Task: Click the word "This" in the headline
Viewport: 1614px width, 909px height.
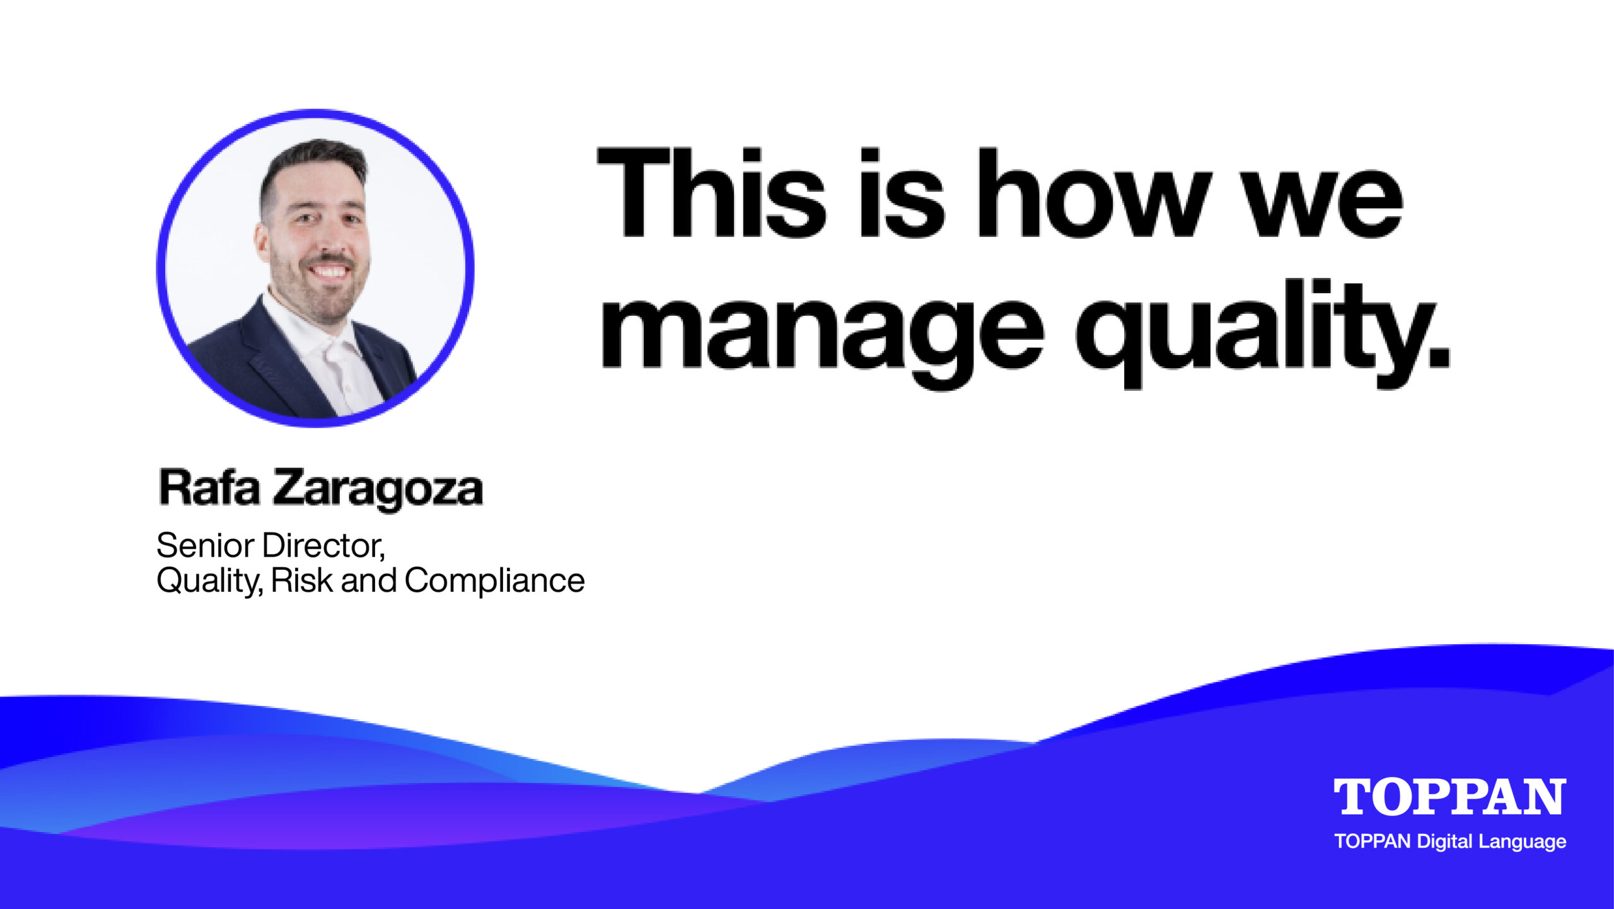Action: tap(712, 193)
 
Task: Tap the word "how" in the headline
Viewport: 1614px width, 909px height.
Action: tap(1094, 193)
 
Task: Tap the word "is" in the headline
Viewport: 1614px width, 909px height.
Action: tap(902, 193)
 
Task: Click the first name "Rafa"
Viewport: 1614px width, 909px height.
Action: tap(209, 487)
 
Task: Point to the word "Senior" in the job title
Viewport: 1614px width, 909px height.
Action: tap(205, 545)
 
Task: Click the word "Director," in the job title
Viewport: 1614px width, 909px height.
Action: tap(323, 546)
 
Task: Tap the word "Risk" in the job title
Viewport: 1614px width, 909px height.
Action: tap(302, 580)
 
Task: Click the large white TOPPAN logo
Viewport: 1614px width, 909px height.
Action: tap(1449, 797)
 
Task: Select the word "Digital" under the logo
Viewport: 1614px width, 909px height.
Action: tap(1445, 842)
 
